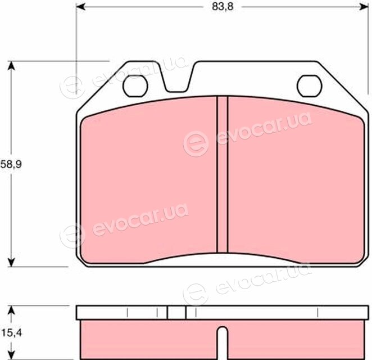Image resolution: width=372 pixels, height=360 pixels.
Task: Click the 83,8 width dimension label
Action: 223,7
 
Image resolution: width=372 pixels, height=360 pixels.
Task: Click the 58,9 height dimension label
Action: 11,164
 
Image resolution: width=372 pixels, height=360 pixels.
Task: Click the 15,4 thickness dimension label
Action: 11,333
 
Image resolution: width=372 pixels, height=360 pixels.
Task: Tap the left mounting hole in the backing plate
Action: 135,85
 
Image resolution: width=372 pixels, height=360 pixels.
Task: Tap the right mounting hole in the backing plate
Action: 310,85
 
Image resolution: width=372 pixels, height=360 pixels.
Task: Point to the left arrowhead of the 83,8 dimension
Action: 81,7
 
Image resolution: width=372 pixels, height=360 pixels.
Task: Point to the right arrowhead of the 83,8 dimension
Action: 364,7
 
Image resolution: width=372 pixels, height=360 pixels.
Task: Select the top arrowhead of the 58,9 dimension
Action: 11,66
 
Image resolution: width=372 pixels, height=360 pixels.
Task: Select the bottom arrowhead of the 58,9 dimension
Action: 11,262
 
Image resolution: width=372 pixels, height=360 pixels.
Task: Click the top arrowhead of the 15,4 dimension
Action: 11,310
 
